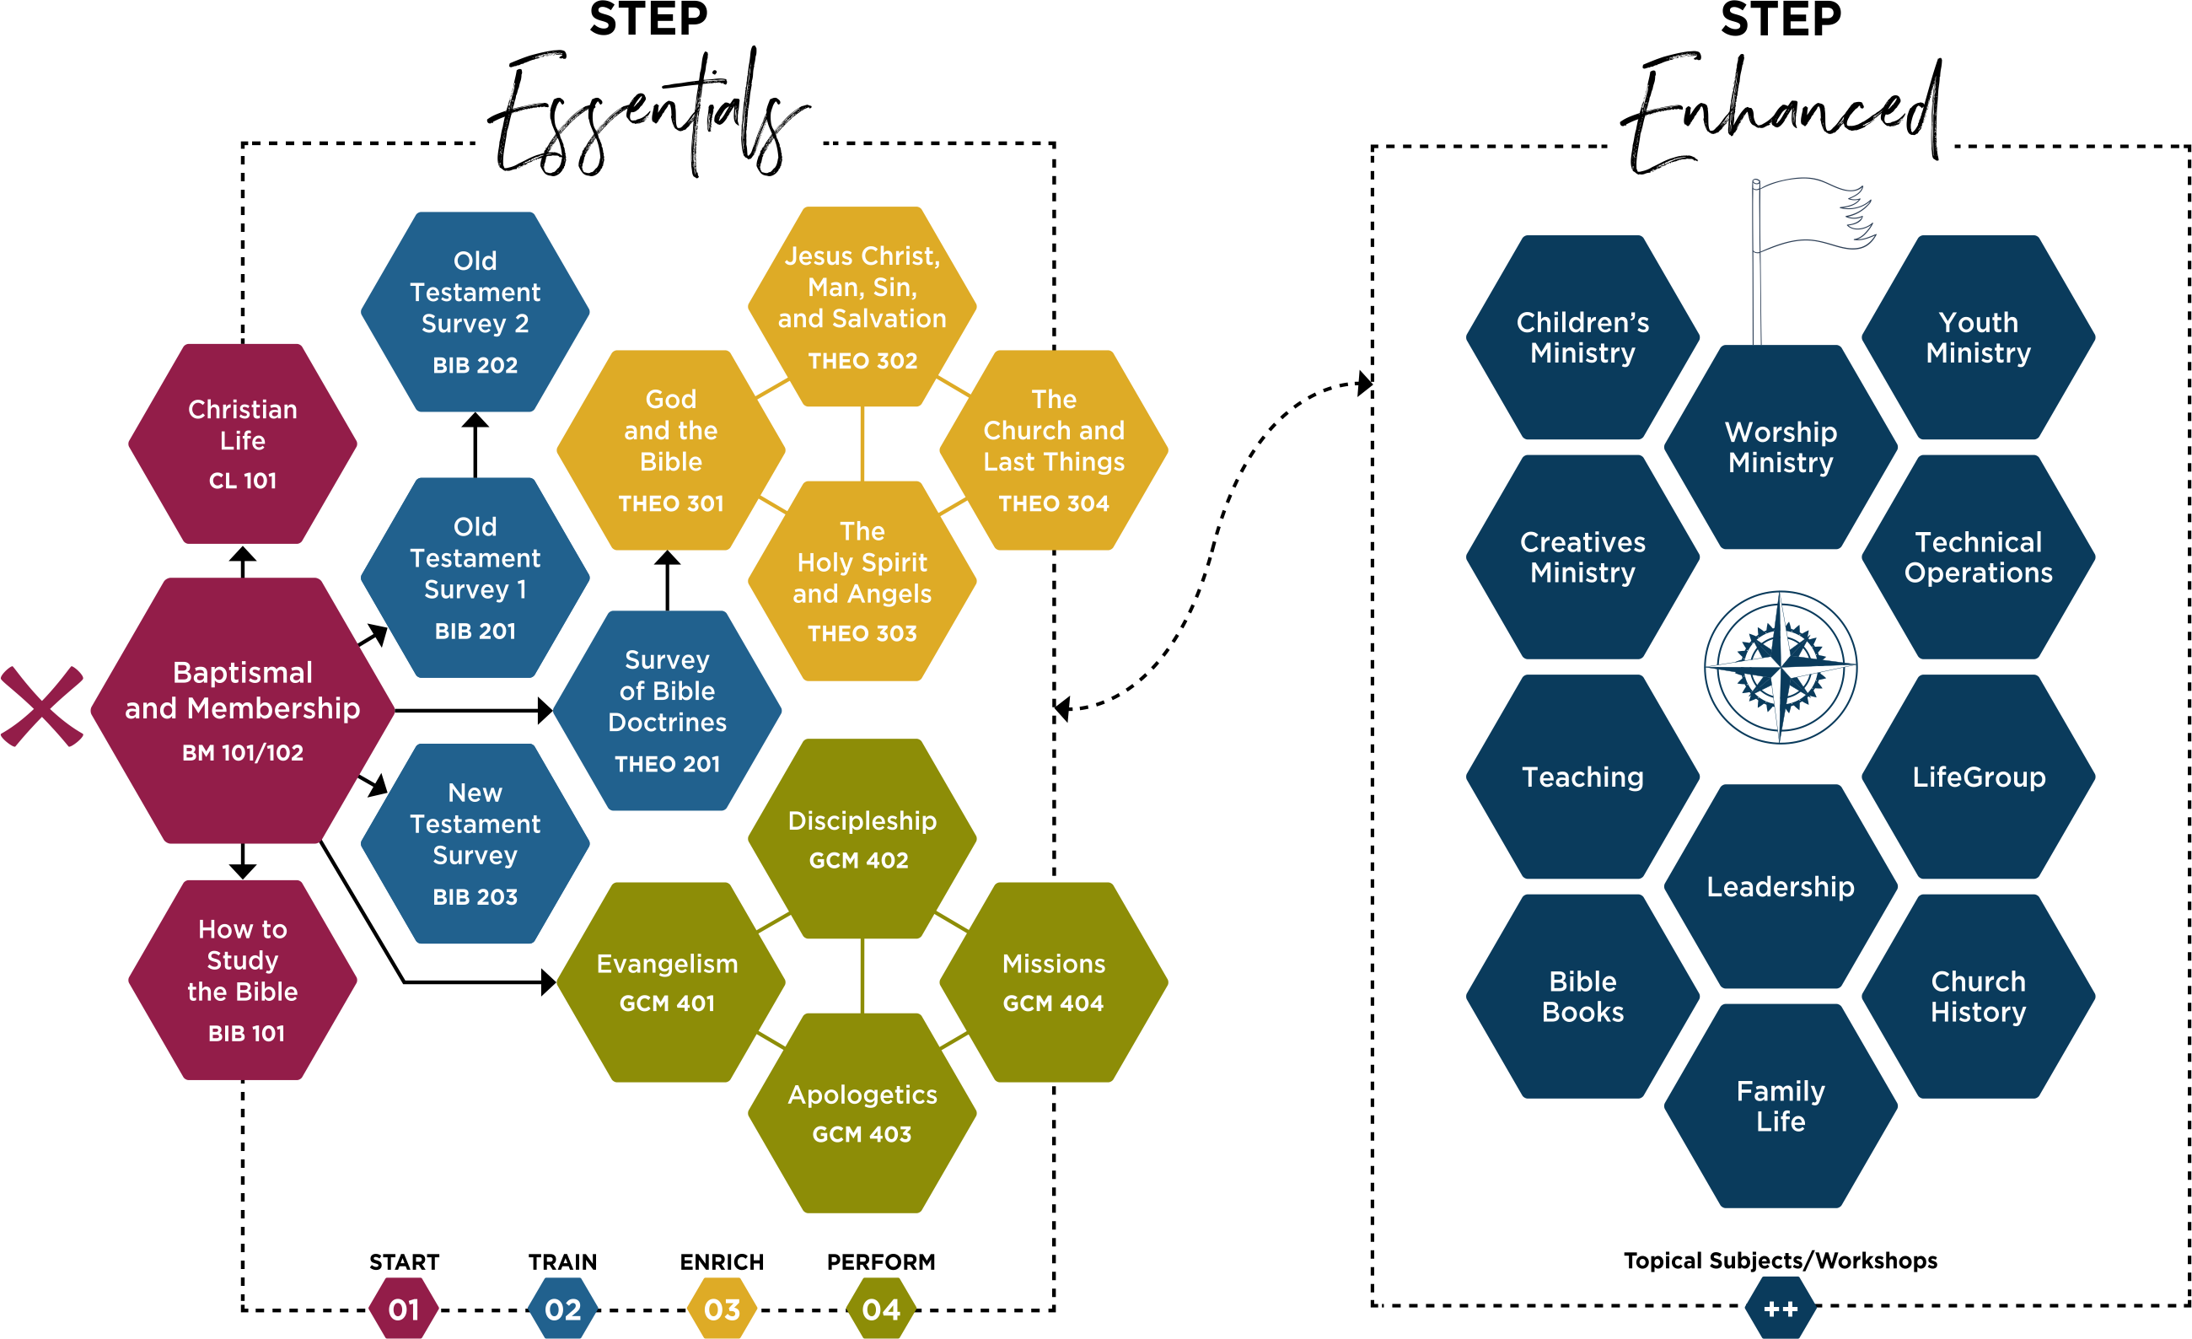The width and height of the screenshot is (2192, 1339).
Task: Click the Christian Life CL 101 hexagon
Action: [242, 443]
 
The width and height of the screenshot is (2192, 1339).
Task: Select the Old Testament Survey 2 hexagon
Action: [475, 311]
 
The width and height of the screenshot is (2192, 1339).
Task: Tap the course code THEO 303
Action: [861, 633]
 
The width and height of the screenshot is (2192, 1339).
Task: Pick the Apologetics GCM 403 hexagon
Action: [861, 1112]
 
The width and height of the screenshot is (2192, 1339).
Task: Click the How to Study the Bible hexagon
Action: [242, 980]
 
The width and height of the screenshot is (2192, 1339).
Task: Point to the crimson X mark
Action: [42, 707]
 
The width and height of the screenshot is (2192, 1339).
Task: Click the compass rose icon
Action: [1780, 666]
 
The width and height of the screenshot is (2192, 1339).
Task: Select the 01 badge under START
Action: [404, 1309]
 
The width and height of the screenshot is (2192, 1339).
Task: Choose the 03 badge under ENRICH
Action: [722, 1309]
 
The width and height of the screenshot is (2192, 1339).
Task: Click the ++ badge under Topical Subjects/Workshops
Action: [1780, 1308]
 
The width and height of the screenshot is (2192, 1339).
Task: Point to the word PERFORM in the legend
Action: [881, 1261]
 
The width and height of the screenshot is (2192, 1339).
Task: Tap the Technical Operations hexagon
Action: [1978, 557]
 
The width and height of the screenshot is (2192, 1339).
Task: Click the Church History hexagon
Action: [1978, 996]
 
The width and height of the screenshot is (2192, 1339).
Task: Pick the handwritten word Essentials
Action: [647, 116]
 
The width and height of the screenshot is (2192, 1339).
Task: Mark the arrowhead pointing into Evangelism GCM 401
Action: [548, 982]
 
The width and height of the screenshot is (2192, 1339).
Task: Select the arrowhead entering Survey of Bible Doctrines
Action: [545, 710]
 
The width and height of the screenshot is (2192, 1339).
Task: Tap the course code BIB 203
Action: [475, 897]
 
